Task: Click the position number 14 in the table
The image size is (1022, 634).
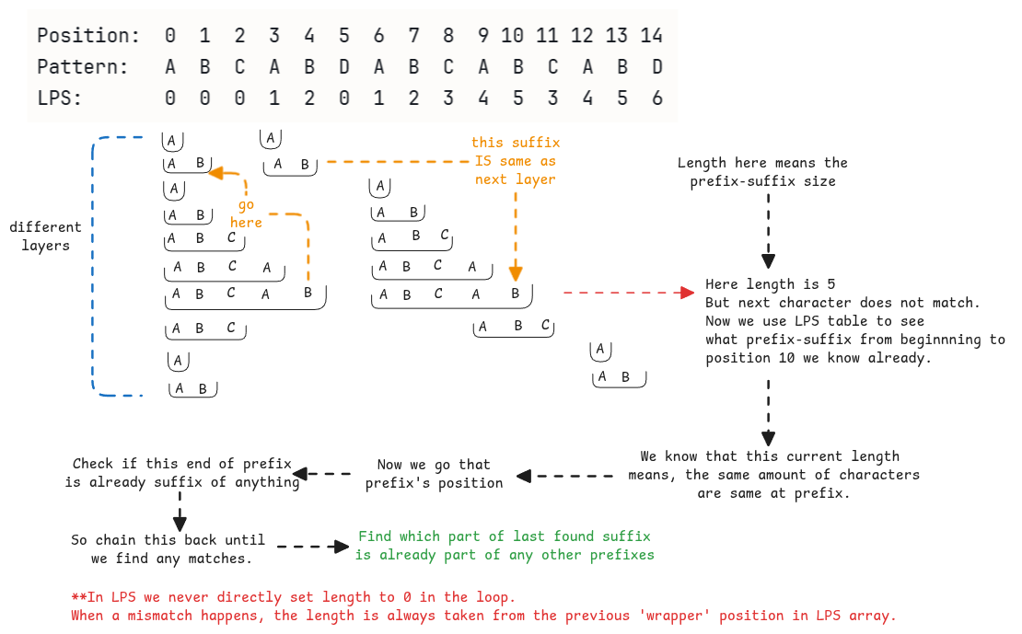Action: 652,36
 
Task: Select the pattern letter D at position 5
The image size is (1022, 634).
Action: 343,67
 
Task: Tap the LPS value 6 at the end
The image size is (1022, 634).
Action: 656,98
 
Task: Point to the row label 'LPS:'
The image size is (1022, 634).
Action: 60,98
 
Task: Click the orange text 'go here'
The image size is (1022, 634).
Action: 246,213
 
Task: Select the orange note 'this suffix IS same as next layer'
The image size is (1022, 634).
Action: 515,161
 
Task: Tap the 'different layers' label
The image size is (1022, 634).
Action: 45,236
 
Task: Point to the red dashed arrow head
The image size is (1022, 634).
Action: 685,293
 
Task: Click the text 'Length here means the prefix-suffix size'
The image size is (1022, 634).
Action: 762,172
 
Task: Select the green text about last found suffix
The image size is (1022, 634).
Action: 505,546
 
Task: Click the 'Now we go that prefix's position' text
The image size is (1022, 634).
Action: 434,474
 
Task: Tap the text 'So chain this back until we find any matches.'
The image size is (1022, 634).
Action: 168,548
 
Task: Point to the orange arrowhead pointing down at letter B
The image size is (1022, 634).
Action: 516,273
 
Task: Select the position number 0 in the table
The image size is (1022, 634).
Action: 169,36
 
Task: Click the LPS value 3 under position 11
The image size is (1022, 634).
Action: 552,98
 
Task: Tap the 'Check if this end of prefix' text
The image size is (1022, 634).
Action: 182,464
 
